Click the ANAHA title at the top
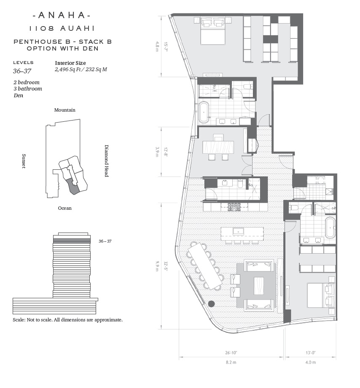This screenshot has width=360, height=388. point(62,15)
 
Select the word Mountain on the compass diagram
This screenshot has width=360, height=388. point(64,110)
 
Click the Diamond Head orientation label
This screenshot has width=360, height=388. point(107,161)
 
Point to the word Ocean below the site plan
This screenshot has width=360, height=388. point(64,208)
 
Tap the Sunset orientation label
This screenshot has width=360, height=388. point(24,161)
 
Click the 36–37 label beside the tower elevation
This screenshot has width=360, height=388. point(105,241)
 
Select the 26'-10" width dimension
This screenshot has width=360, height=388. point(231,353)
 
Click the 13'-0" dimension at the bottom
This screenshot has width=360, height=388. point(310,353)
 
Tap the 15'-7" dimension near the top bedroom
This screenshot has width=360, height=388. point(165,46)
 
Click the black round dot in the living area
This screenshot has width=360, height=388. point(211,304)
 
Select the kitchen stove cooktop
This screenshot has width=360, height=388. point(234,207)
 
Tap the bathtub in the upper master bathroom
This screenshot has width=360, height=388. point(204,112)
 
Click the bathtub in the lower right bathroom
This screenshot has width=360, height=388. point(330,227)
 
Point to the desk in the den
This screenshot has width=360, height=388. point(218,147)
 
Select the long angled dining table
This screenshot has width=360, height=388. point(205,266)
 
